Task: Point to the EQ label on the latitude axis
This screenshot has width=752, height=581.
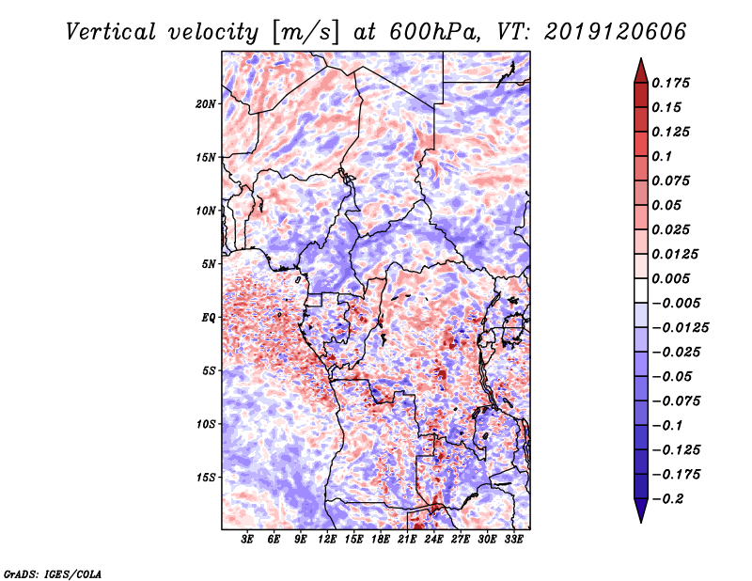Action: click(209, 318)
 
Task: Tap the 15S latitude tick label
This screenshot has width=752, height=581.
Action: click(207, 478)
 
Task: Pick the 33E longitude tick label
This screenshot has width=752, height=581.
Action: click(513, 541)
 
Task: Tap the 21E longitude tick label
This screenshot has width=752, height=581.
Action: click(407, 541)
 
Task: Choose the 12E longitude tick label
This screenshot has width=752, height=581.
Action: click(327, 541)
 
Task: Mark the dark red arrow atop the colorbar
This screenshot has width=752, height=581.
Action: click(640, 69)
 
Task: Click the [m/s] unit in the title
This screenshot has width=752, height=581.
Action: click(304, 31)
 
